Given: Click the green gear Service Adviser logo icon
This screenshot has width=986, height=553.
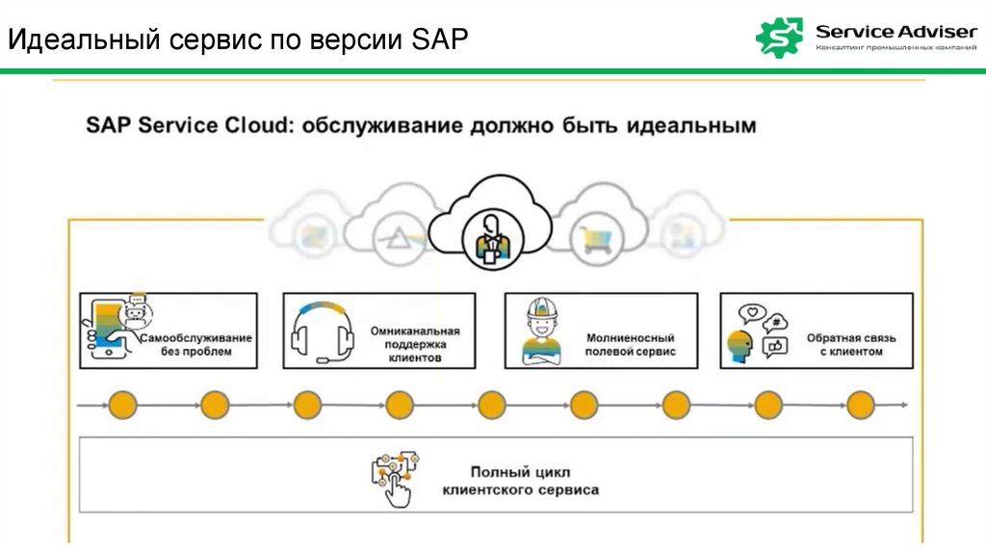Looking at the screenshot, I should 780,37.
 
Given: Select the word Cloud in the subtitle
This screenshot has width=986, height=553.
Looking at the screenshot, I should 252,126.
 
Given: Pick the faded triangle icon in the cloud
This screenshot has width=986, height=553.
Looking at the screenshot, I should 397,234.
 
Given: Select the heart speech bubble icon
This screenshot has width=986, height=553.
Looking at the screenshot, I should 750,314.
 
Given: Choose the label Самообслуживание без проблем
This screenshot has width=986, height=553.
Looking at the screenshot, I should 196,345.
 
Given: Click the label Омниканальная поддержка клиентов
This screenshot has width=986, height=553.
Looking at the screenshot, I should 415,344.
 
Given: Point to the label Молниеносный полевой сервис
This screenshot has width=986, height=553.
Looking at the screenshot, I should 631,345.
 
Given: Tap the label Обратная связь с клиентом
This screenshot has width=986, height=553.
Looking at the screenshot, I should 838,345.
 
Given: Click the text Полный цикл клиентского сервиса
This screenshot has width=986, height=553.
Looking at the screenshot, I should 520,481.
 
